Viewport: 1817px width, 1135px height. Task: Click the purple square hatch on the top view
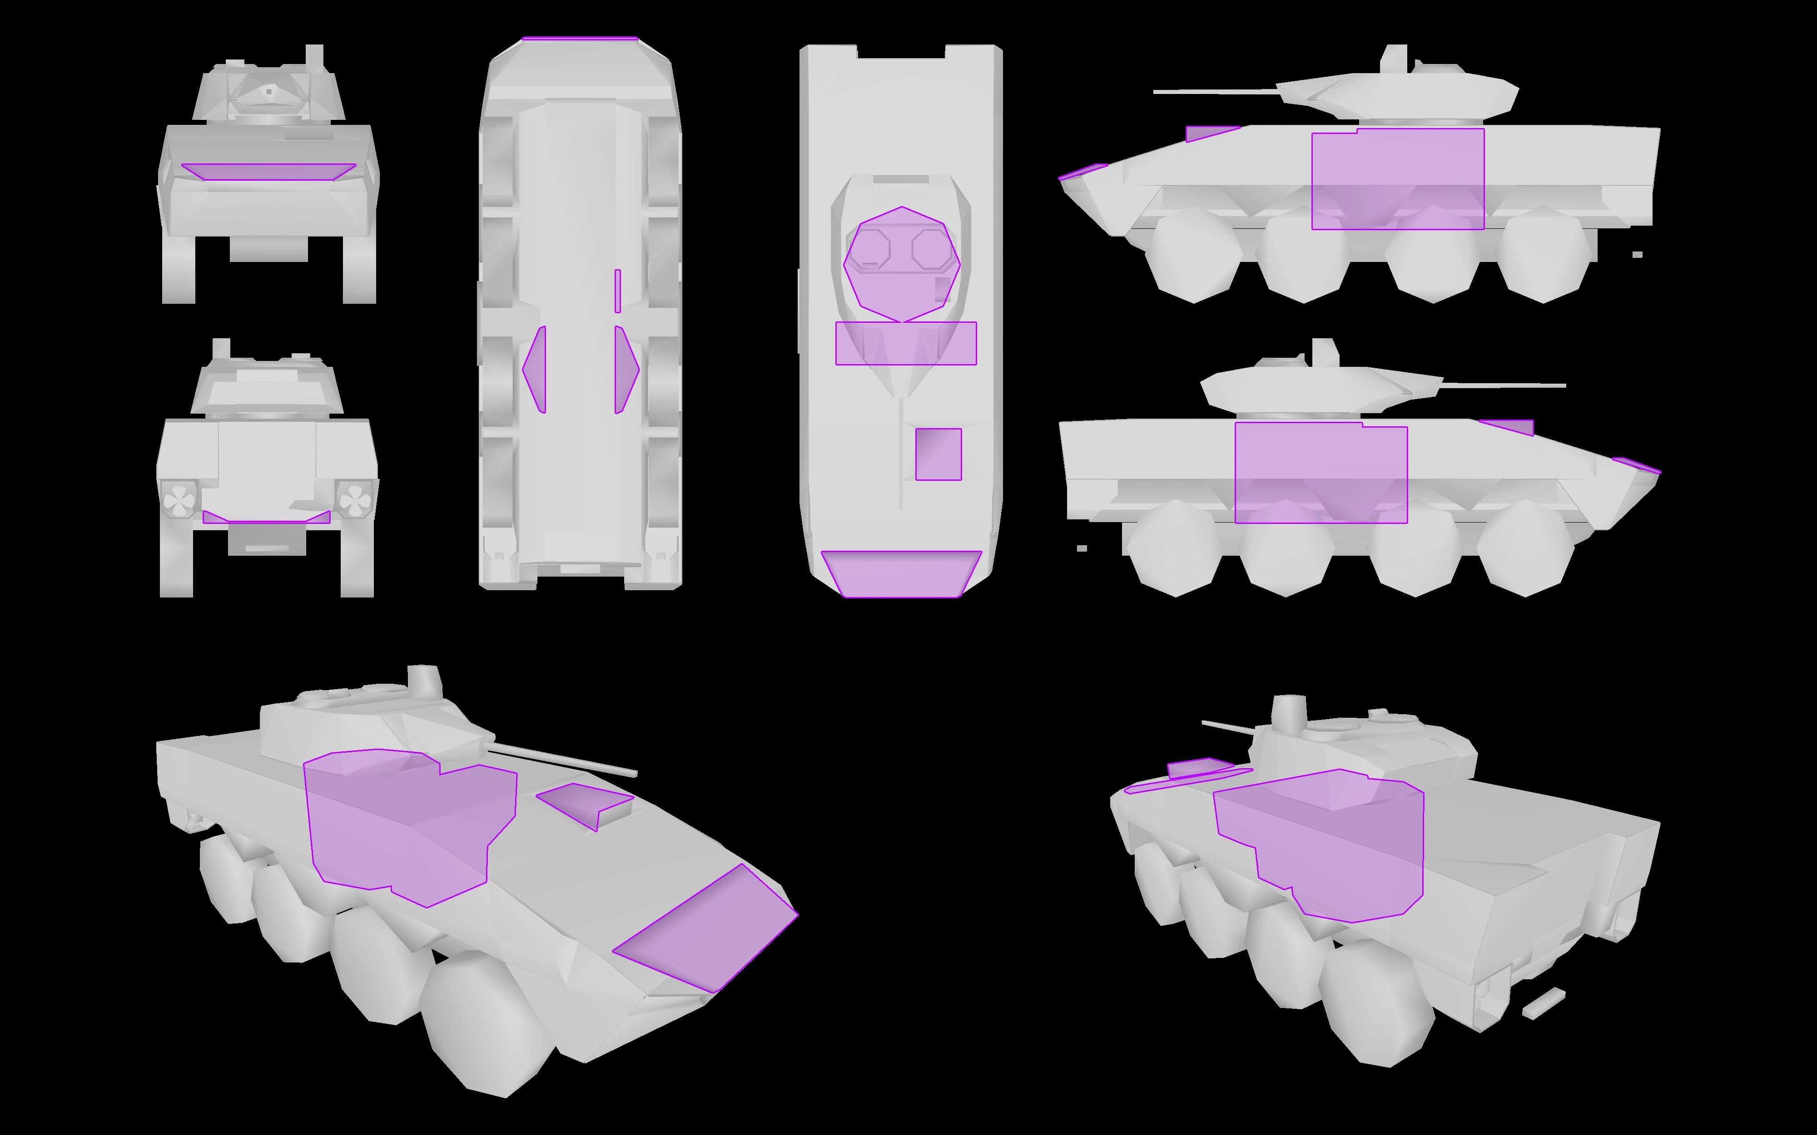[938, 454]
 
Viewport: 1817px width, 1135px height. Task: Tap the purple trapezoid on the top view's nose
[901, 574]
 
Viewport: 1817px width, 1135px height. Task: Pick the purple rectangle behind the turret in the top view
[905, 344]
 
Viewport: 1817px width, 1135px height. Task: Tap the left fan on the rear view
[180, 499]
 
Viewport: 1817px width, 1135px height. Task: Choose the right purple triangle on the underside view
[626, 369]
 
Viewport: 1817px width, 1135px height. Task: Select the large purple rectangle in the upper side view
[1397, 179]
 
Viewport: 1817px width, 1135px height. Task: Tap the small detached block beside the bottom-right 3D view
[1544, 1002]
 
